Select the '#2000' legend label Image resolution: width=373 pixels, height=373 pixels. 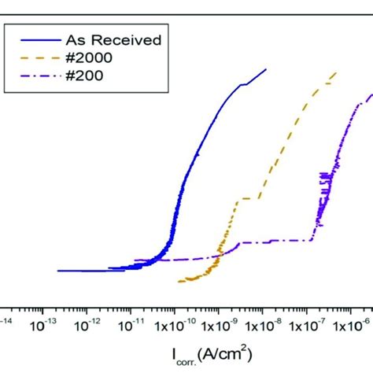[87, 57]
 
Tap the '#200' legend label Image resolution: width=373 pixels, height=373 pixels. [83, 76]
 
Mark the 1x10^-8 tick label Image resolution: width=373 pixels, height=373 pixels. [271, 324]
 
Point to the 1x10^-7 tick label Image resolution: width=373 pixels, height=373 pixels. [318, 324]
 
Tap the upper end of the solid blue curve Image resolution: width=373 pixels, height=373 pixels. [266, 69]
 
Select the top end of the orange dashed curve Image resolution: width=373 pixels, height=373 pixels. [337, 72]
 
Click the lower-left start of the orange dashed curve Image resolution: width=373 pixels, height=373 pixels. [179, 281]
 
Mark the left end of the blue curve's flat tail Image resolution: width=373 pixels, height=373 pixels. [59, 271]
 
